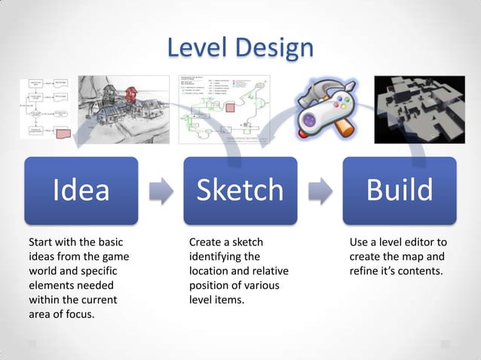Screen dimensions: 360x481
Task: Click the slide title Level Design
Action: coord(240,47)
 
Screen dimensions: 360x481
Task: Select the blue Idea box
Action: coord(81,191)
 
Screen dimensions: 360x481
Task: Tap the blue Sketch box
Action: coord(240,191)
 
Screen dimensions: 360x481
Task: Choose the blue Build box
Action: coord(400,191)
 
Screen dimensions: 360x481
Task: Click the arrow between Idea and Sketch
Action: coord(160,191)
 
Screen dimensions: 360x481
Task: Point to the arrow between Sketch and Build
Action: coord(320,191)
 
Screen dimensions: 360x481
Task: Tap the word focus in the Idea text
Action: coord(79,314)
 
